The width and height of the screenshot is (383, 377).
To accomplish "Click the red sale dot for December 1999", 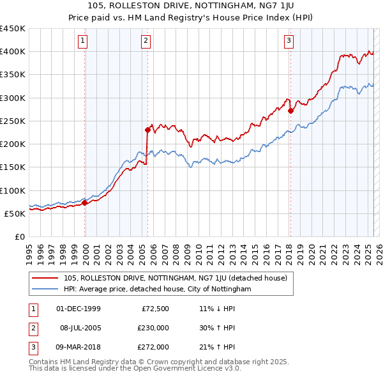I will (x=85, y=203).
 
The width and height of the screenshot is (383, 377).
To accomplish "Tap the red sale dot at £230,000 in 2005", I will (x=147, y=130).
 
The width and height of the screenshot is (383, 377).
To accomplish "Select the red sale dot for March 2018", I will (x=290, y=111).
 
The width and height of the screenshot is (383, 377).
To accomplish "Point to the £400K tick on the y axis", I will (x=13, y=52).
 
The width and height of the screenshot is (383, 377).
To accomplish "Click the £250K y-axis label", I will (x=13, y=121).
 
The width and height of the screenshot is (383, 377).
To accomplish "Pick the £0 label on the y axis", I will (x=19, y=236).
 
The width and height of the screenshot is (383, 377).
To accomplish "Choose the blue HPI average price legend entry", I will (x=158, y=289).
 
